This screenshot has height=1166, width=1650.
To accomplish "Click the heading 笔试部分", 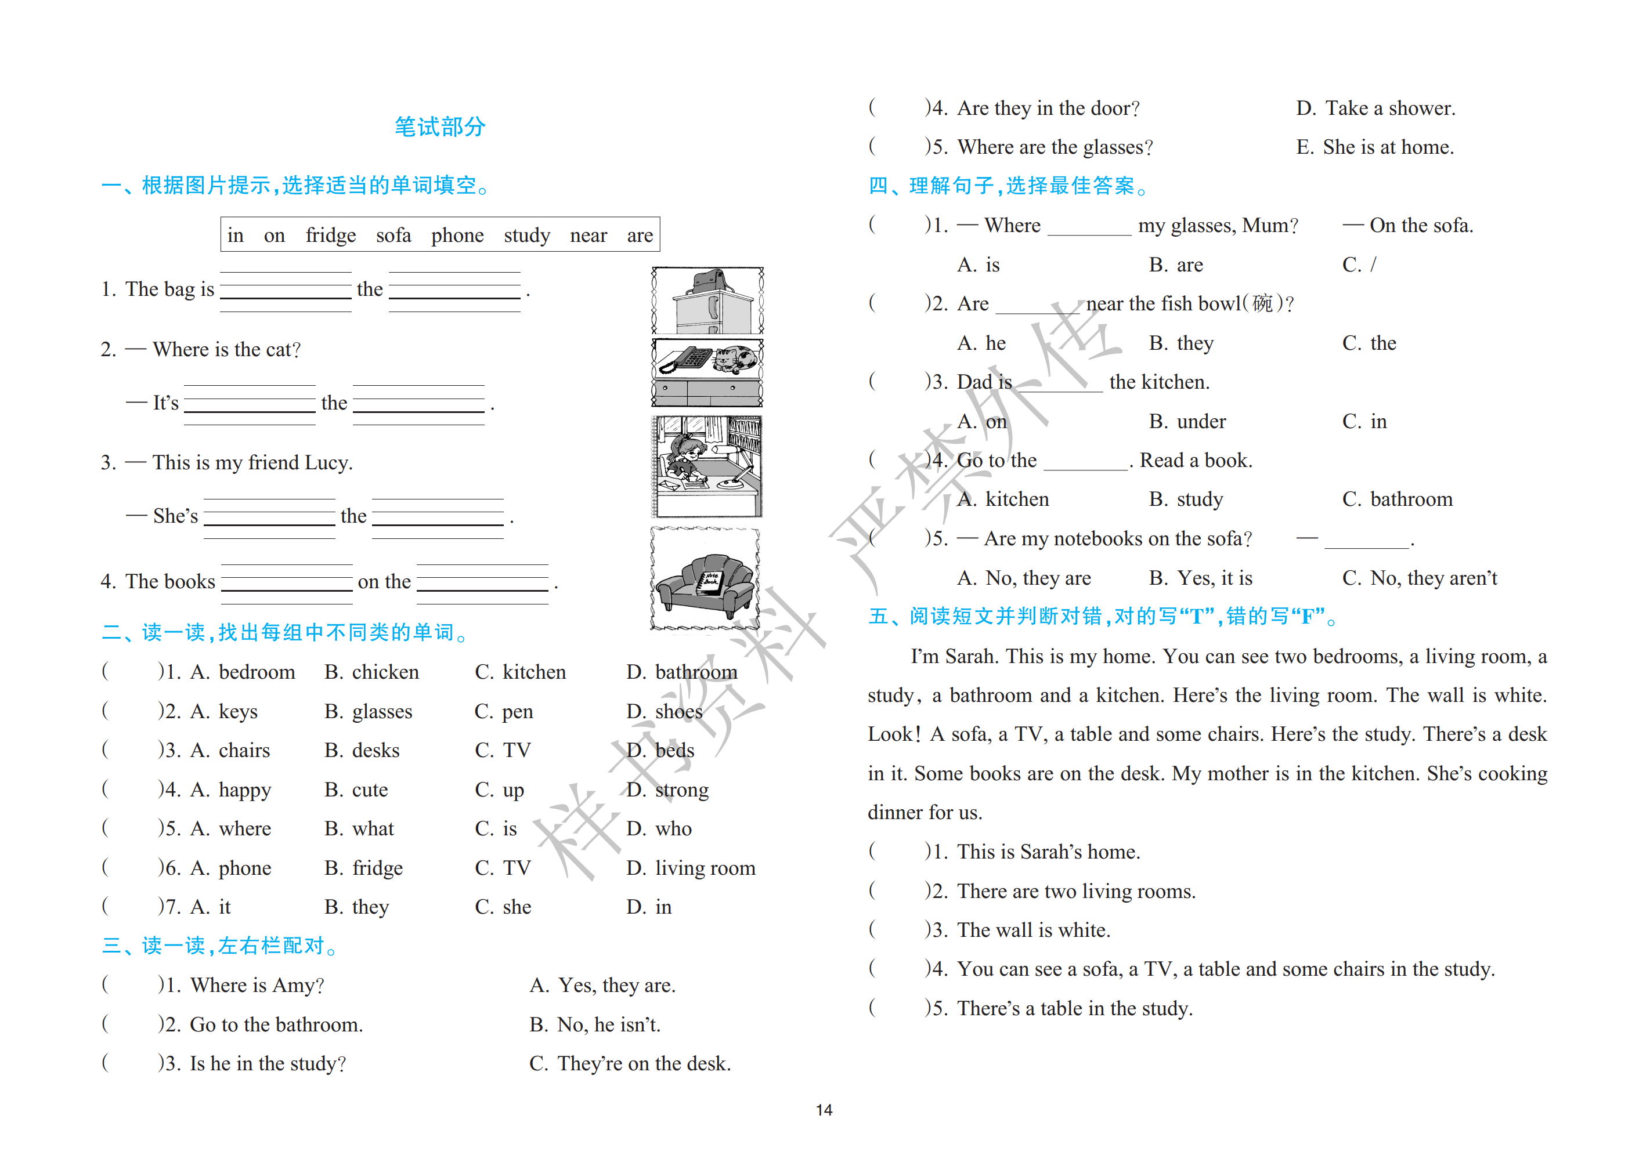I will pyautogui.click(x=440, y=127).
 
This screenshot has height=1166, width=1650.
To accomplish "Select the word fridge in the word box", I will pyautogui.click(x=331, y=236).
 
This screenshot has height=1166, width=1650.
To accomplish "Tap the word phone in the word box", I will pyautogui.click(x=457, y=236).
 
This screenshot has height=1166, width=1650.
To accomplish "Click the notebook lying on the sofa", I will pyautogui.click(x=711, y=581).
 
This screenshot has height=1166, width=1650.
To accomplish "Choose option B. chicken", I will pyautogui.click(x=371, y=672).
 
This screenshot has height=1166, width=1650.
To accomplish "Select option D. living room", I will pyautogui.click(x=691, y=868).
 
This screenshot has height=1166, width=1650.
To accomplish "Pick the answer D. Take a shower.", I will pyautogui.click(x=1375, y=108).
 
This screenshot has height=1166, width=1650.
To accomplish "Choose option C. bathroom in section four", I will pyautogui.click(x=1397, y=500).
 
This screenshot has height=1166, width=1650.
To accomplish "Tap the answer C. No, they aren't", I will pyautogui.click(x=1420, y=578).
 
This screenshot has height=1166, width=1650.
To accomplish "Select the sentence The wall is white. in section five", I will pyautogui.click(x=1034, y=930).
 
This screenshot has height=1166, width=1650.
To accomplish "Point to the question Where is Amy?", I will pyautogui.click(x=257, y=986).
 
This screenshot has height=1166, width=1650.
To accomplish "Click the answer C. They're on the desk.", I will pyautogui.click(x=630, y=1064).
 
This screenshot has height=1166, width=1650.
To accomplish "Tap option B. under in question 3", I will pyautogui.click(x=1187, y=422).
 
